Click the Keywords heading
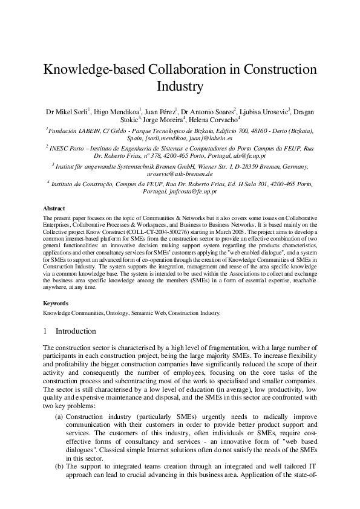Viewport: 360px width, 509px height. (x=56, y=303)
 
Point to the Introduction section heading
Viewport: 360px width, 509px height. (x=76, y=331)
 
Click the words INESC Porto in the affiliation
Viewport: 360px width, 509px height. (x=66, y=148)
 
